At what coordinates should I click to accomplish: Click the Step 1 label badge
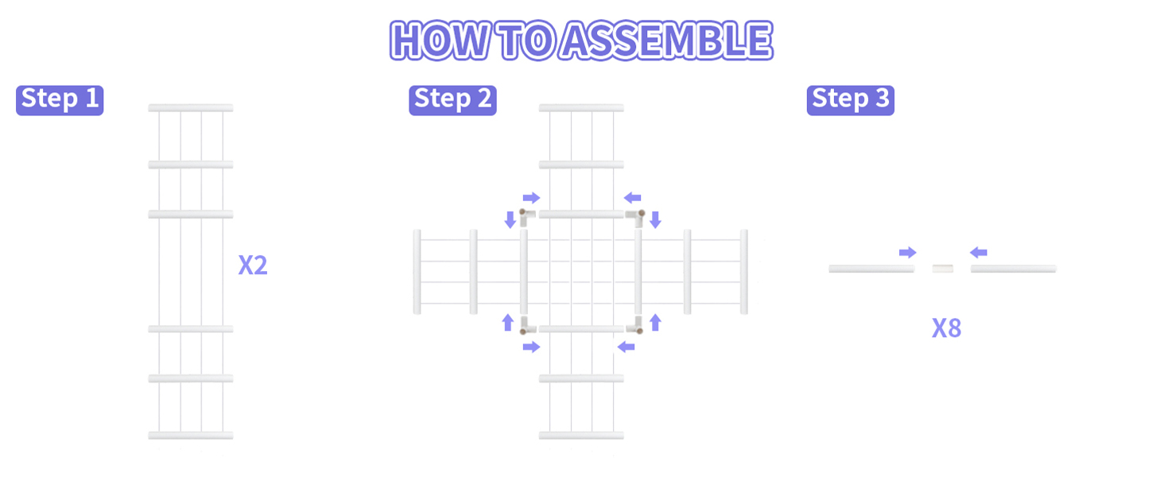point(60,100)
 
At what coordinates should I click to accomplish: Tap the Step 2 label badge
point(452,100)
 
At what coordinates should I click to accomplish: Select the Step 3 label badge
point(851,100)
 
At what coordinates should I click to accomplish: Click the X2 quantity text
point(253,265)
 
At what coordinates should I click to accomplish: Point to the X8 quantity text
point(947,328)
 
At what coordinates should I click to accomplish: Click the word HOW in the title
point(440,40)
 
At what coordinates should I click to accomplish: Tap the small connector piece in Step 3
point(943,269)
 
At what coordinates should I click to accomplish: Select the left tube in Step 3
point(871,269)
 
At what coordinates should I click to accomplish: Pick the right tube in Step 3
point(1013,269)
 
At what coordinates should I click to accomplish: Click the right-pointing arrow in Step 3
point(908,253)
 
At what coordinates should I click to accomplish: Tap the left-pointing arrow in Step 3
point(979,253)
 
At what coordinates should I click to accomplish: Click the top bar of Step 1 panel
point(191,107)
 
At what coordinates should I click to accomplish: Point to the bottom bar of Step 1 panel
point(191,436)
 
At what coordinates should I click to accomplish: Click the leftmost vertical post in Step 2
point(417,272)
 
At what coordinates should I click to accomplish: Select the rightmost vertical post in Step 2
point(744,272)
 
